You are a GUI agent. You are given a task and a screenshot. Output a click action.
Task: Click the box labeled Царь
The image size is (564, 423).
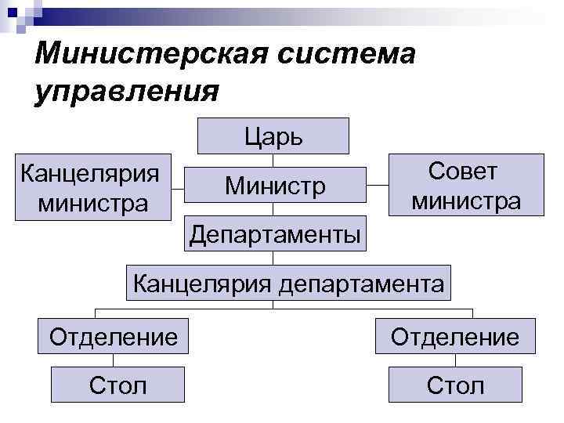[273, 136]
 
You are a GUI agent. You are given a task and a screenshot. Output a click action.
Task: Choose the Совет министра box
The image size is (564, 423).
[467, 185]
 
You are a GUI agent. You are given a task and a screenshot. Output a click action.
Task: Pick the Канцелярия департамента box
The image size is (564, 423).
[288, 281]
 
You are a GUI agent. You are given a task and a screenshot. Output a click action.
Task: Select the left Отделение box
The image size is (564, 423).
[114, 337]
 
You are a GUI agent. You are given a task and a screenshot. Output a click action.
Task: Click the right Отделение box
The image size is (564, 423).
[455, 337]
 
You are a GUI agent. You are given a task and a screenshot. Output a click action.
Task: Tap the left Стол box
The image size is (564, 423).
[117, 385]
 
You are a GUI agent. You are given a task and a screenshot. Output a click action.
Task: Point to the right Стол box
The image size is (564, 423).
[455, 385]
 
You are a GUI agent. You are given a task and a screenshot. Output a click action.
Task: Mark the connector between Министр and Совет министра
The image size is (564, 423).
[378, 186]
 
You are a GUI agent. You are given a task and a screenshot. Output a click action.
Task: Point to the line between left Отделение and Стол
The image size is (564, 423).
[114, 361]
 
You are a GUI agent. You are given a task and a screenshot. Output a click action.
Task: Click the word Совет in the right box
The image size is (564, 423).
[463, 172]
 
